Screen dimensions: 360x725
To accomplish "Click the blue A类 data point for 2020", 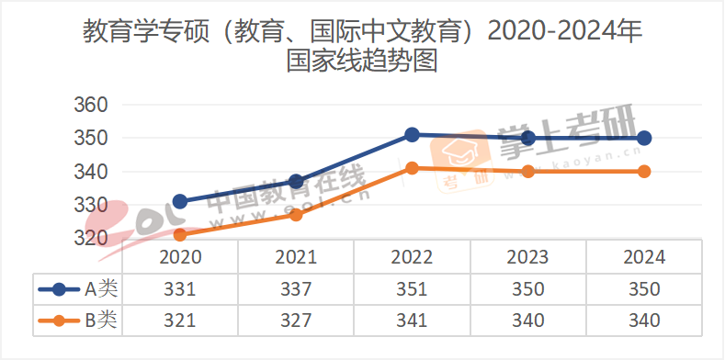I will [x=180, y=201].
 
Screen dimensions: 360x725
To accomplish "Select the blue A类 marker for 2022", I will [x=413, y=135].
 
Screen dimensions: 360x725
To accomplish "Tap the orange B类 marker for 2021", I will [x=296, y=215].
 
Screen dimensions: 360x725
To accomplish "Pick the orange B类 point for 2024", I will [x=644, y=171].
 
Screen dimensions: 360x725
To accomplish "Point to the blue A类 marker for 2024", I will [x=644, y=138].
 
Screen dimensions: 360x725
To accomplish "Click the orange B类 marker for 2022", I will [x=413, y=168].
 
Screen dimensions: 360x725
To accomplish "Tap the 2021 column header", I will [x=296, y=258].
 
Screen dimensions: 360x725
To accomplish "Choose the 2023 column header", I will [x=528, y=258].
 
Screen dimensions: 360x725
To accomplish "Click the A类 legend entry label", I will [x=101, y=289].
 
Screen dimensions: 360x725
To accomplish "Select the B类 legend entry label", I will [x=101, y=321].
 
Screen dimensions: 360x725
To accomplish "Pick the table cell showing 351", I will [x=413, y=289].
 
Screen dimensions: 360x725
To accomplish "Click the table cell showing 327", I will [x=296, y=321].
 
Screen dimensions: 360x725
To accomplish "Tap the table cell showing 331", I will [x=180, y=289].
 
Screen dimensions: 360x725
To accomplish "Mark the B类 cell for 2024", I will [x=644, y=321].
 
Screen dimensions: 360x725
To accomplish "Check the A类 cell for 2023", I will [x=528, y=289].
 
